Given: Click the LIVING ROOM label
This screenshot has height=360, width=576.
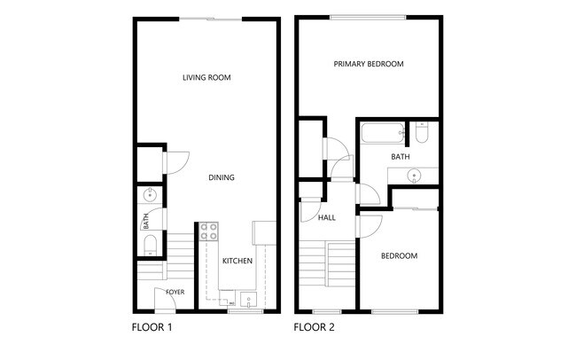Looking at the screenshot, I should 206,78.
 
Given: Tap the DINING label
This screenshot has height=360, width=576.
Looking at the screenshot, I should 222,177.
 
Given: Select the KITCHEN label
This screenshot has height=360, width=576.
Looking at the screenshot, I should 237,262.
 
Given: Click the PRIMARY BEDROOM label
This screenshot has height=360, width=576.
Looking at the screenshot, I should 369,64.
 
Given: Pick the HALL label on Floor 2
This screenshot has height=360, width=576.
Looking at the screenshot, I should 326,217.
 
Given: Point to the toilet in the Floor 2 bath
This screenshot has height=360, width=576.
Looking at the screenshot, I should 421,134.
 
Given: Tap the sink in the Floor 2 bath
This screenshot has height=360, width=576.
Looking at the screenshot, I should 415,176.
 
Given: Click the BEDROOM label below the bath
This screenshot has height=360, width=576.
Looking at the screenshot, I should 399,256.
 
